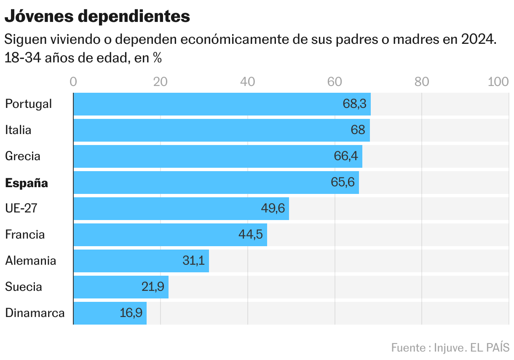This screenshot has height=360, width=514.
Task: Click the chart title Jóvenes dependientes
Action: coord(97,16)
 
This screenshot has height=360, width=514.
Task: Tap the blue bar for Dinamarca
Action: coord(110,313)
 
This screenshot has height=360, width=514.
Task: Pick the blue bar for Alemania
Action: coord(141,261)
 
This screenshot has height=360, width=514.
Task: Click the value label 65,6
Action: coord(343,183)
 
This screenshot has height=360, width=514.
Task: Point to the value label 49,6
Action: coord(273,209)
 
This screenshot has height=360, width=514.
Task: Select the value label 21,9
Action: coord(153,287)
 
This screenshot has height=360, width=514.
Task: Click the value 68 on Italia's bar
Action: coord(358,130)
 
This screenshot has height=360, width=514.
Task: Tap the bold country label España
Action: coord(27,183)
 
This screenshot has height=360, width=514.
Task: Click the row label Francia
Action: coord(25,234)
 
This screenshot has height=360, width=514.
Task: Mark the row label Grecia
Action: coord(23,156)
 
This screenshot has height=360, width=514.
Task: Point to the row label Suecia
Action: coord(24,287)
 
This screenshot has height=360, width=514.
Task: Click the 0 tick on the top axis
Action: coord(73,82)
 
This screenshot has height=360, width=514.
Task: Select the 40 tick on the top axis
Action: coord(247,82)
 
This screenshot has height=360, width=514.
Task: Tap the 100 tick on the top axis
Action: coord(498,82)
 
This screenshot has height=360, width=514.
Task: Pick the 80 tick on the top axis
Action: coord(421,82)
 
